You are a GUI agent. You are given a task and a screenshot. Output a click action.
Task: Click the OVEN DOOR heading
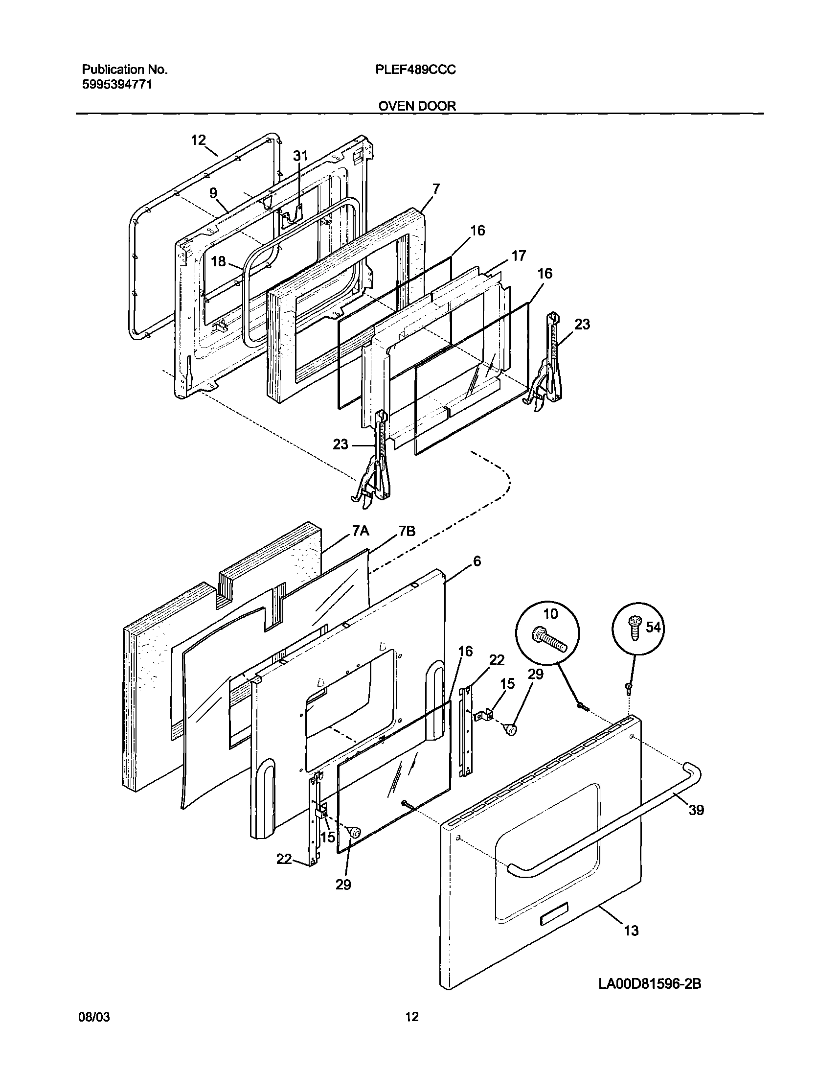[417, 106]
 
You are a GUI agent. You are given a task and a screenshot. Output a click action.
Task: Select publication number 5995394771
[116, 84]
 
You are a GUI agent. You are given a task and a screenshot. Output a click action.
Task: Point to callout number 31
[300, 156]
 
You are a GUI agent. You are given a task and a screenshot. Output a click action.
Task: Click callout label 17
[519, 256]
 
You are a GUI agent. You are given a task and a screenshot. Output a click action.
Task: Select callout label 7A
[360, 531]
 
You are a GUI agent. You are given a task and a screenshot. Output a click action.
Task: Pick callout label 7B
[407, 531]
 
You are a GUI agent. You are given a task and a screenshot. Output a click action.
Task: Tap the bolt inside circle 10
[549, 641]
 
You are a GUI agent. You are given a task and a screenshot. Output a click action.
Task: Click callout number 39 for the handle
[696, 810]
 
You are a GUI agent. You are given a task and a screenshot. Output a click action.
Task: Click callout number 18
[218, 261]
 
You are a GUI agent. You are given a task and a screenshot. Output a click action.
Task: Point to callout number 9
[213, 193]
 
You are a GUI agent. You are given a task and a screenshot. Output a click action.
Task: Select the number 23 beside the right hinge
[582, 324]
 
